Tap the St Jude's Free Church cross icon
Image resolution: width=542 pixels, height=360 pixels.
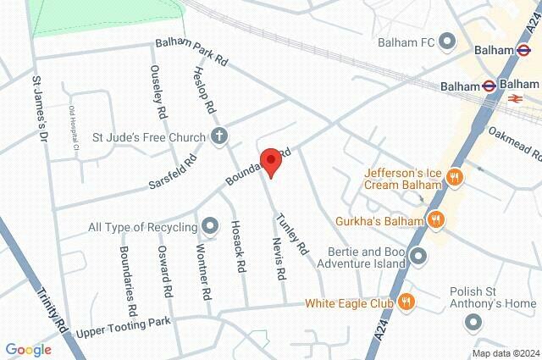click(x=218, y=136)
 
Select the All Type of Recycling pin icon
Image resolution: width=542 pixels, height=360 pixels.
click(x=210, y=226)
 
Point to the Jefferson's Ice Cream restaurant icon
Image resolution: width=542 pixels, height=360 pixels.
click(x=455, y=178)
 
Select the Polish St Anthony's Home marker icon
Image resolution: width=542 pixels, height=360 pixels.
click(x=473, y=323)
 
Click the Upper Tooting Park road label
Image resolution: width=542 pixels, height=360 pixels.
click(x=123, y=326)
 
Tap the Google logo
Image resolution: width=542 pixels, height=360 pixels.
click(x=28, y=349)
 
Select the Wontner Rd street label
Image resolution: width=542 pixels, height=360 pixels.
click(x=202, y=271)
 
